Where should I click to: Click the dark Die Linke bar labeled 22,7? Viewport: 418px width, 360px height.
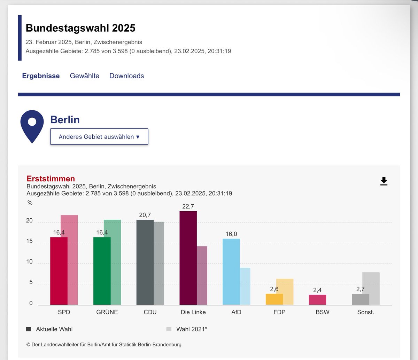[x=188, y=258]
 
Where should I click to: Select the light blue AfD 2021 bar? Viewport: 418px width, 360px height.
[x=245, y=286]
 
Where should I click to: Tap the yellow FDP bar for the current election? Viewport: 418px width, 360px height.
[x=274, y=299]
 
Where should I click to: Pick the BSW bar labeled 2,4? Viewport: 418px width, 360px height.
[x=317, y=300]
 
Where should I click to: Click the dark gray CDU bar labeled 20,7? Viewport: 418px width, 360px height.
[x=145, y=262]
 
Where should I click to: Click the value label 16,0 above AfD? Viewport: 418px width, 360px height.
[x=231, y=234]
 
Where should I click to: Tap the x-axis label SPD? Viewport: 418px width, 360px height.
[x=64, y=312]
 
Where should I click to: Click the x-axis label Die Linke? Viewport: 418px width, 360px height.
[x=193, y=312]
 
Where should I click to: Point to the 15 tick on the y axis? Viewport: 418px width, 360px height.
[x=30, y=241]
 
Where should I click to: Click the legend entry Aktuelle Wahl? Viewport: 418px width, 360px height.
[x=54, y=329]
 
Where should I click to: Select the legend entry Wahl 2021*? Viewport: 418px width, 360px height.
[x=191, y=329]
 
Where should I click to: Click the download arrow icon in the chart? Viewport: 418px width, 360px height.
[x=384, y=181]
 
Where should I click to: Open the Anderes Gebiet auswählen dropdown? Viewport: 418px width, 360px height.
[x=99, y=136]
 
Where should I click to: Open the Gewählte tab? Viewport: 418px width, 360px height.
[x=85, y=76]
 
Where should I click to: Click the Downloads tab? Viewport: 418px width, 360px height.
[x=126, y=76]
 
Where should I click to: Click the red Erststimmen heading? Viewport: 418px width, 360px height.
[x=51, y=179]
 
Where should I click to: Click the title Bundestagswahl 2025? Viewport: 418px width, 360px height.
[x=80, y=28]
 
